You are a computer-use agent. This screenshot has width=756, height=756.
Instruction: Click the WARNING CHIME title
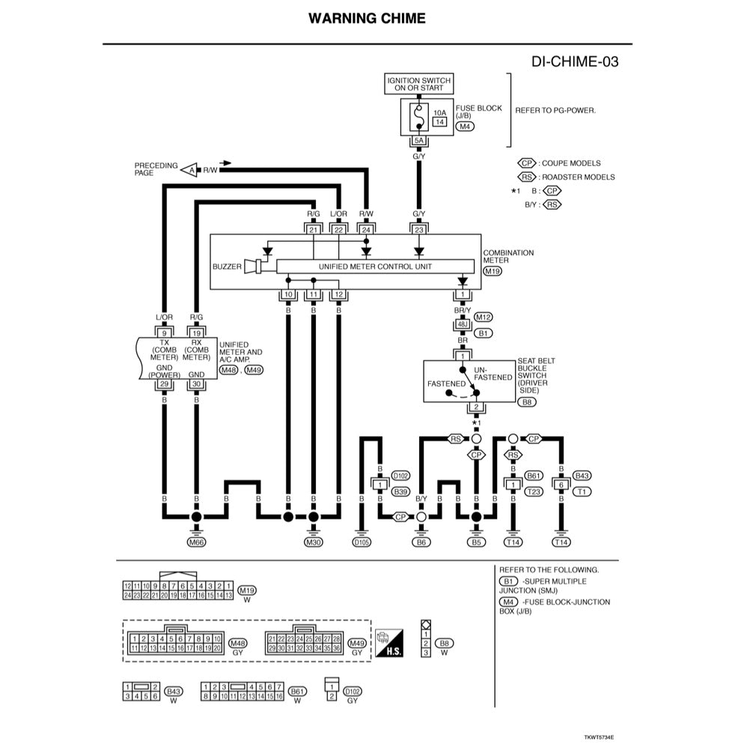[x=367, y=18]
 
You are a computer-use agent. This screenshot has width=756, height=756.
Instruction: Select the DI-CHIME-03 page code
[x=575, y=61]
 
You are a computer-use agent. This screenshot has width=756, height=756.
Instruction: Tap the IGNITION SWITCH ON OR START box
[x=419, y=84]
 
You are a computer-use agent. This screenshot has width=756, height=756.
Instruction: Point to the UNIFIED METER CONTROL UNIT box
[x=375, y=266]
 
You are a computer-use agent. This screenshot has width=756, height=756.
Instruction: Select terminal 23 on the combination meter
[x=419, y=230]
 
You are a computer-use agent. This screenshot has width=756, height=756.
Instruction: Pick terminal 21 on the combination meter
[x=314, y=230]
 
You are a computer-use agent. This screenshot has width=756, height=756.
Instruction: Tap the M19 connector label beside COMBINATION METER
[x=493, y=272]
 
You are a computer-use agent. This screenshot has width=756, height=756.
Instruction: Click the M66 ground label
[x=196, y=541]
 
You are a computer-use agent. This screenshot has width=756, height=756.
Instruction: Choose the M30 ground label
[x=314, y=541]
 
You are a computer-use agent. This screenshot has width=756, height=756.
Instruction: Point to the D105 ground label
[x=361, y=541]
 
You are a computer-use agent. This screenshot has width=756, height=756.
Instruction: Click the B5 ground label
[x=476, y=541]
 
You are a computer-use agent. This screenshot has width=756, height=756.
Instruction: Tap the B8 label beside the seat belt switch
[x=527, y=402]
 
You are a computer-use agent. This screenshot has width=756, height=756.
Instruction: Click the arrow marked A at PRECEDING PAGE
[x=189, y=170]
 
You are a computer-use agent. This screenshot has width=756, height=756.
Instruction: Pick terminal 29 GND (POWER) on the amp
[x=164, y=384]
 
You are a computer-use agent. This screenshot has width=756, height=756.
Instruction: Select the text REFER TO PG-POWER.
[x=555, y=110]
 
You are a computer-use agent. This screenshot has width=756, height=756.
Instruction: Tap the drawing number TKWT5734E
[x=599, y=737]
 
